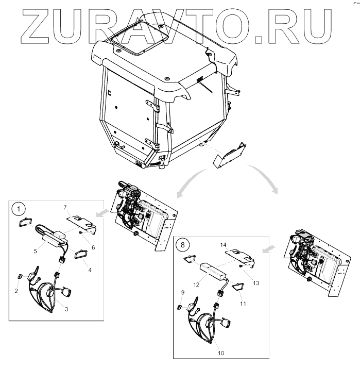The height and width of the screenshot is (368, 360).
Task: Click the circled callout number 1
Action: [19, 209]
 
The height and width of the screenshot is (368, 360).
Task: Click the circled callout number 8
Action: [183, 242]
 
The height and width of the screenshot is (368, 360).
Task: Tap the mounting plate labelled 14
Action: [242, 255]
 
